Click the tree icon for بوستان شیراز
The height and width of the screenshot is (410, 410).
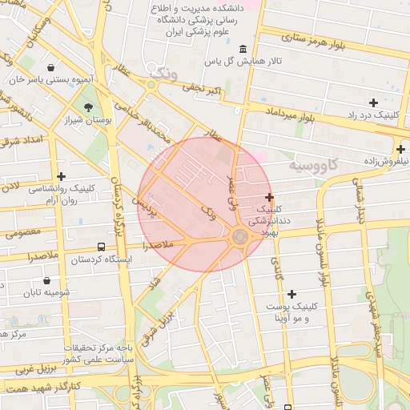tap(88, 107)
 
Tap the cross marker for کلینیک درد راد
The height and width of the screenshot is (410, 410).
tap(373, 102)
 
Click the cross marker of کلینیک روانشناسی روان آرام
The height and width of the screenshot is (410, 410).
tap(61, 176)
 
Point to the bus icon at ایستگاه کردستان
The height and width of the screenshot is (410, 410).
tap(102, 247)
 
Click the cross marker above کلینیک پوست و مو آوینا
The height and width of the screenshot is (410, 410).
tap(291, 295)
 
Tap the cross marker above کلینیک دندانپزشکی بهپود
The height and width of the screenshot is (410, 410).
tap(269, 197)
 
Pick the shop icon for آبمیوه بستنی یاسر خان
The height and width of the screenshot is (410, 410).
tap(52, 68)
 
